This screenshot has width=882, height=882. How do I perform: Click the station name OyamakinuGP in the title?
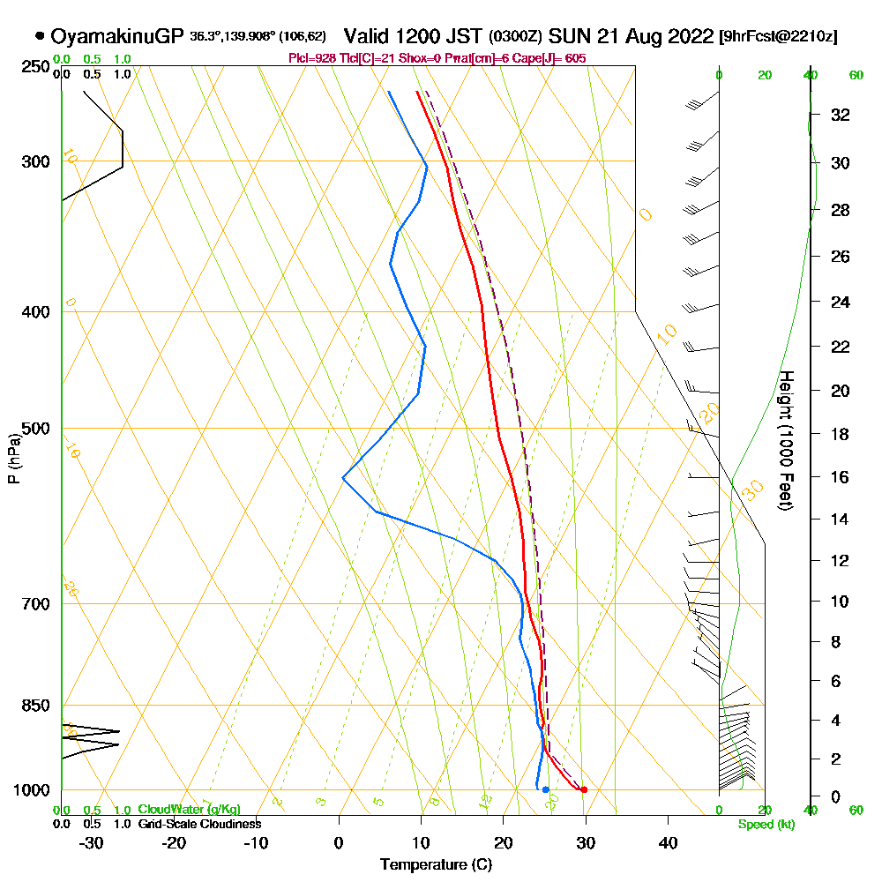(117, 36)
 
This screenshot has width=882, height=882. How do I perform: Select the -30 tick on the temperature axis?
(92, 841)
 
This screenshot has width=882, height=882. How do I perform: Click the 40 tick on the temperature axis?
(669, 841)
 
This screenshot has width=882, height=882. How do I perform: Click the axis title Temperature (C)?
(436, 865)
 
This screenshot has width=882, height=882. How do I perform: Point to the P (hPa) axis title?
(13, 458)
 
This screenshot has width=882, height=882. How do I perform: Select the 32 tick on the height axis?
(841, 115)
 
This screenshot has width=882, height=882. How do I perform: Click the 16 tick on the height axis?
(841, 477)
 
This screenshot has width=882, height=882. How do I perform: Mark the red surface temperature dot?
(584, 789)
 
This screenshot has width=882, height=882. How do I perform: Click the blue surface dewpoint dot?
(546, 789)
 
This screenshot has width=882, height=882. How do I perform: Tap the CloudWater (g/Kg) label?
(189, 810)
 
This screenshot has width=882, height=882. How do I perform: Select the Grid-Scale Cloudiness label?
(198, 824)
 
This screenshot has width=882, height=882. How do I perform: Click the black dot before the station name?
(40, 36)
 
